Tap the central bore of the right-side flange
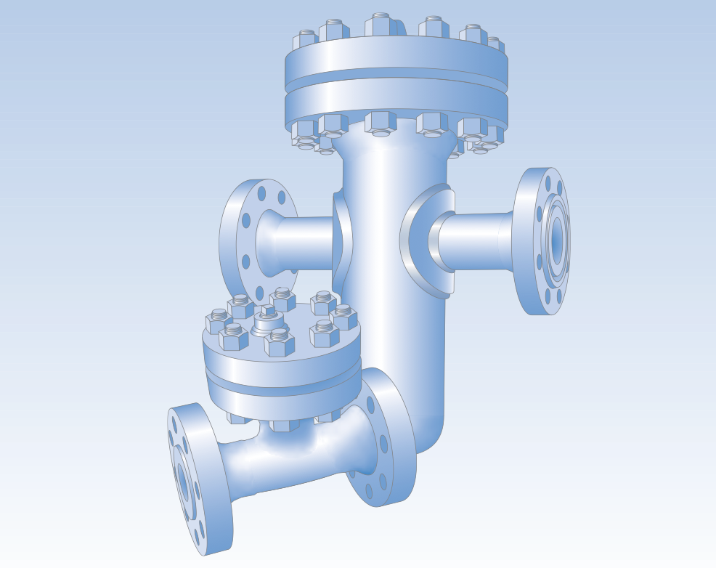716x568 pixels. [557, 241]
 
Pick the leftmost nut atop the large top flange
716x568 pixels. [306, 40]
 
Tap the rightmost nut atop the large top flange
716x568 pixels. [494, 45]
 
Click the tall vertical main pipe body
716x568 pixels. [396, 305]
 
